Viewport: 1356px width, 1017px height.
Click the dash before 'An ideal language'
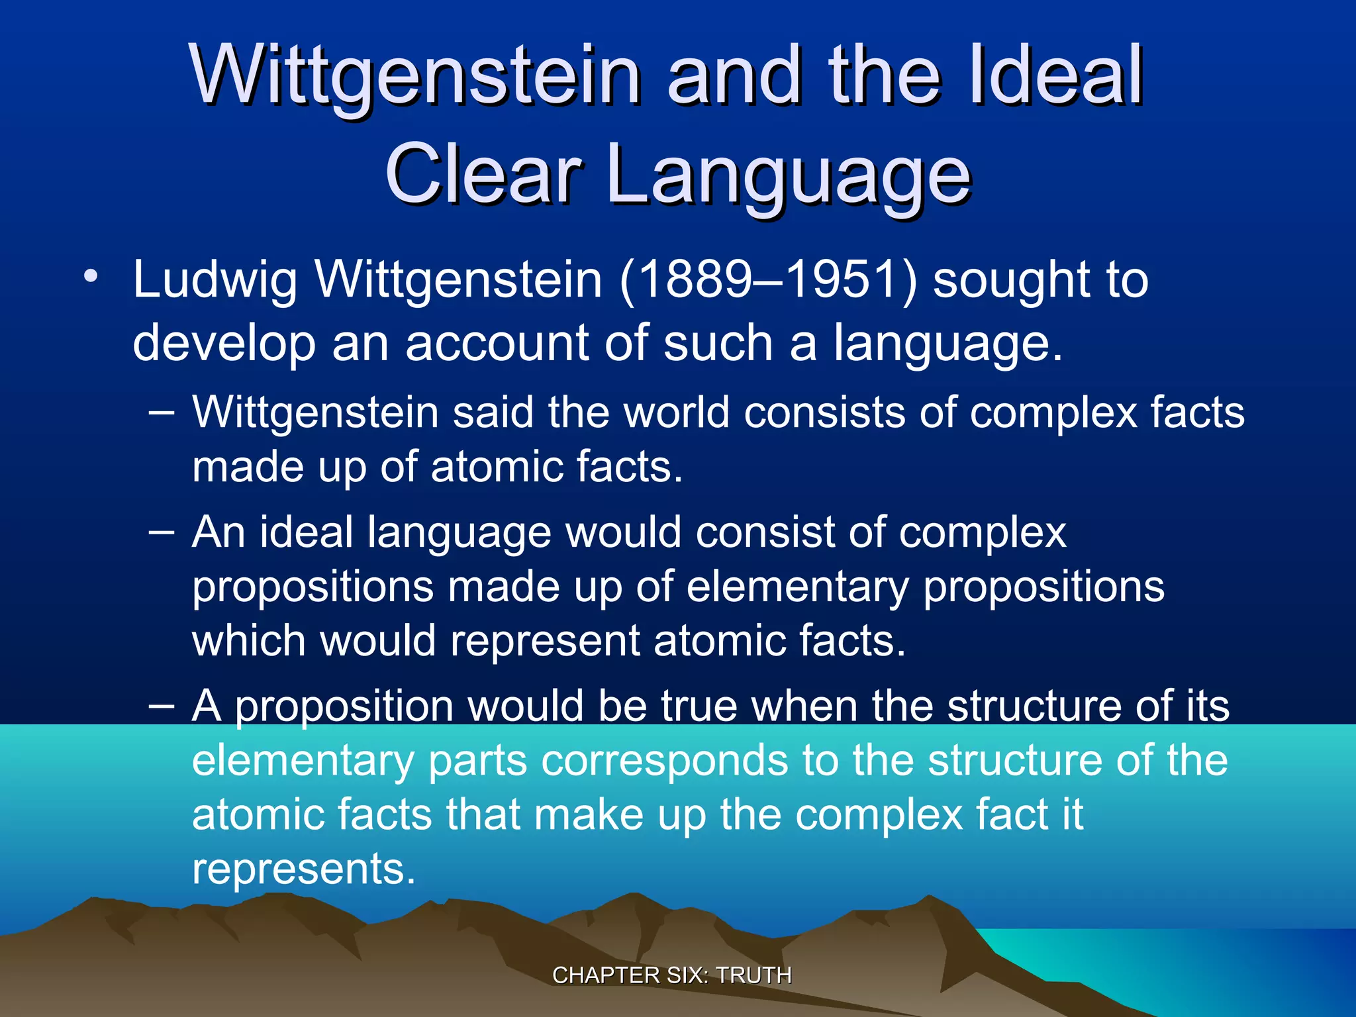coord(162,532)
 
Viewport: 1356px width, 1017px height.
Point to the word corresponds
coord(665,760)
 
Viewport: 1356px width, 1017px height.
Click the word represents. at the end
coord(303,869)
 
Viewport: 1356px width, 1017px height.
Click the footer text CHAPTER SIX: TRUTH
coord(671,975)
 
